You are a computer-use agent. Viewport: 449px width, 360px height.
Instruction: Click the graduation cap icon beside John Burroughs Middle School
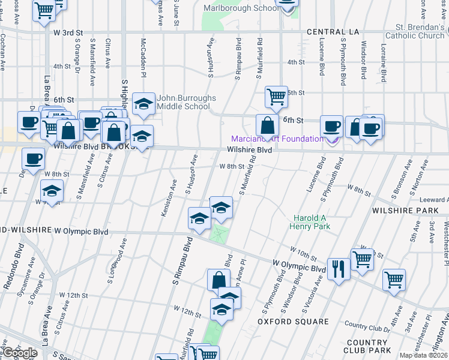coord(143,104)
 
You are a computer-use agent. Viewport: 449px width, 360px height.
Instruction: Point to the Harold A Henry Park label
coord(312,221)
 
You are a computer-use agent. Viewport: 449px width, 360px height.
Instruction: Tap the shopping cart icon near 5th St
coord(276,95)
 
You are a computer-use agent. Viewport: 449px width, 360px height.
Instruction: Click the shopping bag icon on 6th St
coord(267,126)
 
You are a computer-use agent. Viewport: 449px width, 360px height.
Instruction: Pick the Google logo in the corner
coord(19,353)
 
